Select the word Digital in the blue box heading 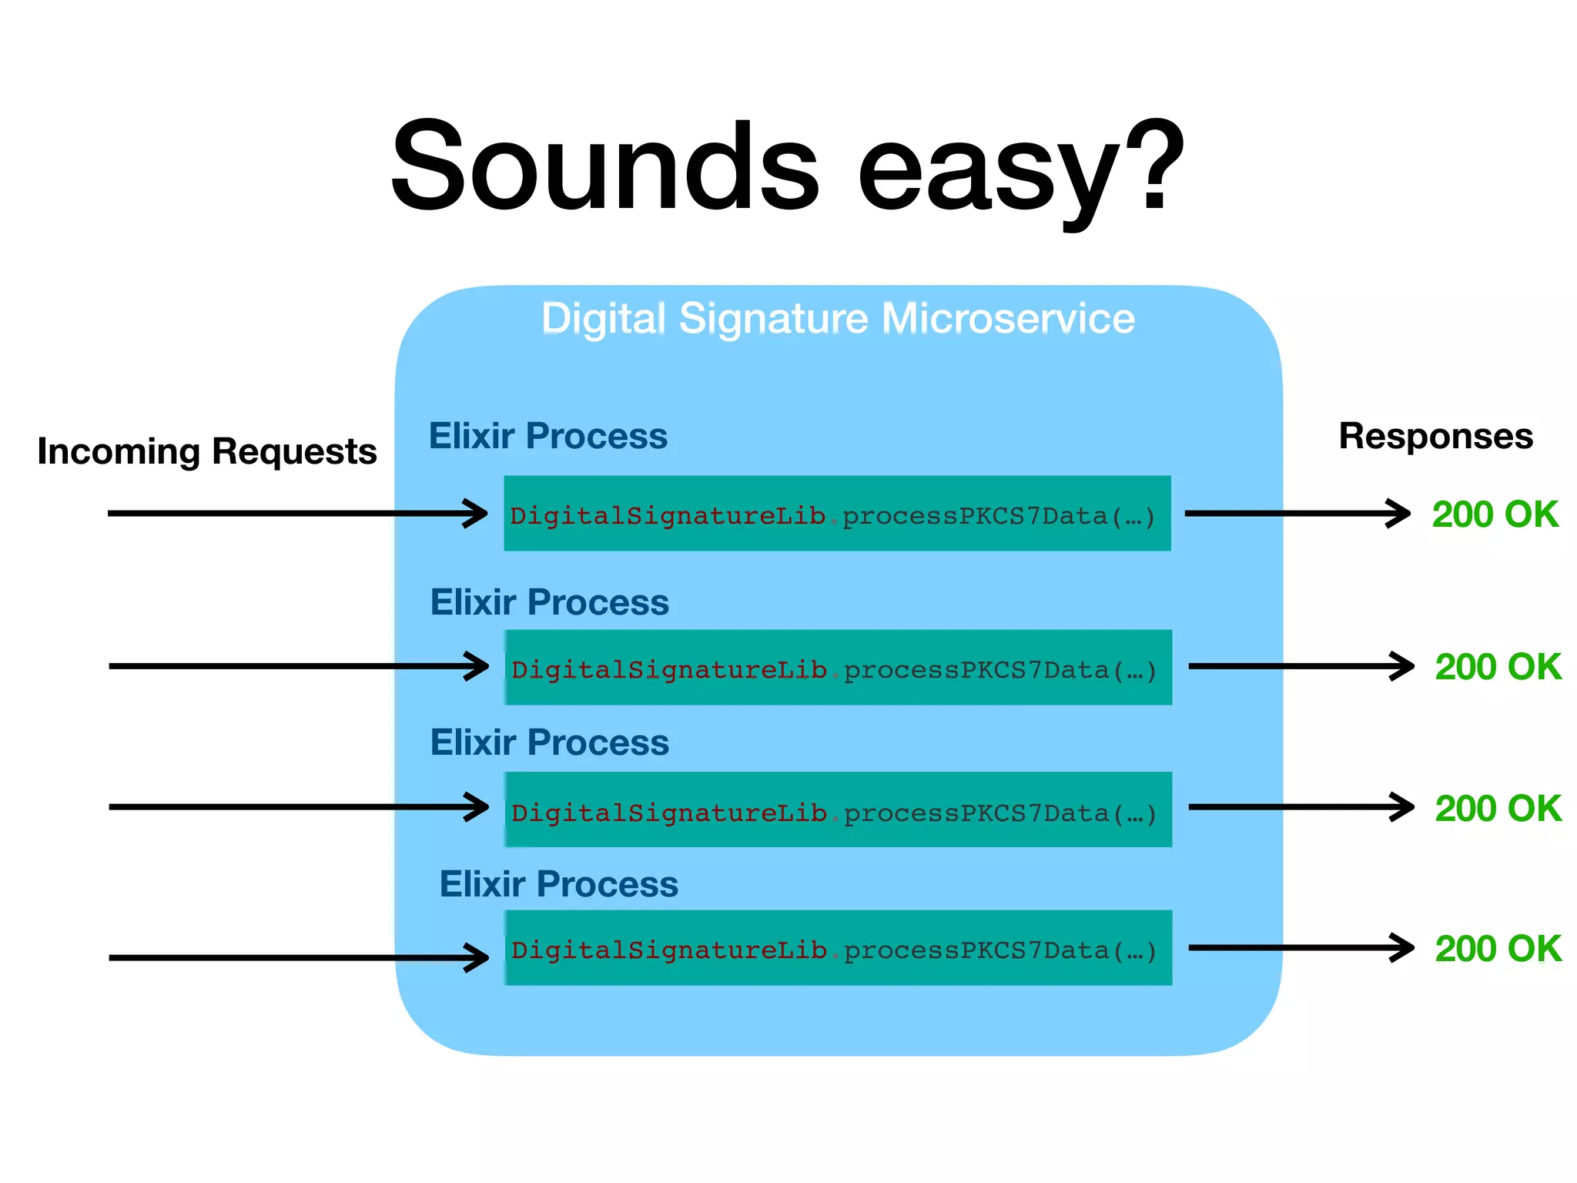point(603,318)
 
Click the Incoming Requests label point(206,451)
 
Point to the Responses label point(1435,436)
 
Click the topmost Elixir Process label point(547,436)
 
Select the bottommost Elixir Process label point(558,884)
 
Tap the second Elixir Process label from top point(549,602)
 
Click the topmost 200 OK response point(1495,514)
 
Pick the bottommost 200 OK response point(1498,949)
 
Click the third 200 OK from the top point(1498,809)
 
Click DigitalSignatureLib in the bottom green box point(668,950)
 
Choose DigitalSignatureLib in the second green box point(668,670)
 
